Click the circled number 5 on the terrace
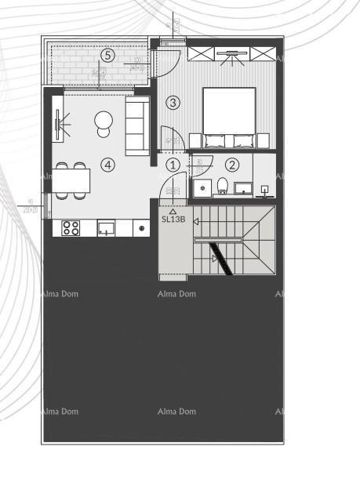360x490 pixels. coord(107,55)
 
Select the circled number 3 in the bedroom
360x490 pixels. coord(173,102)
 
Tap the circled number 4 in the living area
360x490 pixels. coord(108,165)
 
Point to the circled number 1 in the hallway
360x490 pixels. coord(173,165)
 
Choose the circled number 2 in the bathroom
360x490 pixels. coord(231,165)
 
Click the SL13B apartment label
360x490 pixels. coord(173,219)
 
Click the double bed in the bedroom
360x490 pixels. coord(229,118)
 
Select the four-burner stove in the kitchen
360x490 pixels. coord(71,228)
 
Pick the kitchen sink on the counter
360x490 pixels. coord(106,228)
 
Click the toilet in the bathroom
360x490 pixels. coord(222,186)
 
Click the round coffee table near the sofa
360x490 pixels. coord(104,122)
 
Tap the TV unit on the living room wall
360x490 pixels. coord(57,123)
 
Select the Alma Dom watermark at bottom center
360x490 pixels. coord(176,412)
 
